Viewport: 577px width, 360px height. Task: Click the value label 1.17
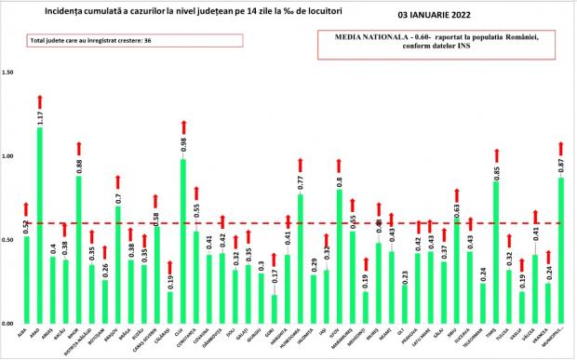coord(39,117)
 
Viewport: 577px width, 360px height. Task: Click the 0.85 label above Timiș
coord(496,170)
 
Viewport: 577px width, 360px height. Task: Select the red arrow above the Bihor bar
coord(78,148)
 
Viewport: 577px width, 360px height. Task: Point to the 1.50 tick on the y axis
coord(9,73)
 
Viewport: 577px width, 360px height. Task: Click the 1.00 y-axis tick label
coord(9,156)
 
